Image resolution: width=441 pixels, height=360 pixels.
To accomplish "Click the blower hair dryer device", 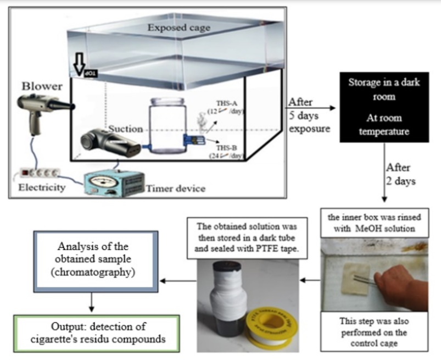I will point(41,109).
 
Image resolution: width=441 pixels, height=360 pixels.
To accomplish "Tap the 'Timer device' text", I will point(175,189).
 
